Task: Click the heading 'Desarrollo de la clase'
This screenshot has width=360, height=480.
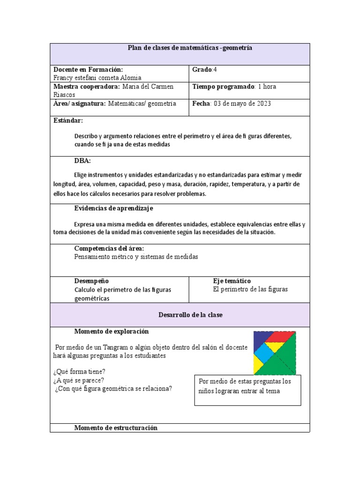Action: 190,315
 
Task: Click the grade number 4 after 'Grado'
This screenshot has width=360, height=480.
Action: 215,69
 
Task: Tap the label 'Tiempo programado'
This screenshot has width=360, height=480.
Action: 223,87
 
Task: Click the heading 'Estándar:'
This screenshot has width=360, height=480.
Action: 68,120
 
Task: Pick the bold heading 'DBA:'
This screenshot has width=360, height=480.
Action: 82,161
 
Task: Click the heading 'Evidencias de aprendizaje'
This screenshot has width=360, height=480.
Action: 114,208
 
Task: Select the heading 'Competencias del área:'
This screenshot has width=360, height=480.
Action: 109,248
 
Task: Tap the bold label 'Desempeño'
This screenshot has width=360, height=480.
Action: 92,281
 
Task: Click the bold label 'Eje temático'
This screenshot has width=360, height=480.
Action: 232,281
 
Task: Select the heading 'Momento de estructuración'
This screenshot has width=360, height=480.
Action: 116,427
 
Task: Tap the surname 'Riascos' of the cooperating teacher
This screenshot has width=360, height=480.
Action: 65,94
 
